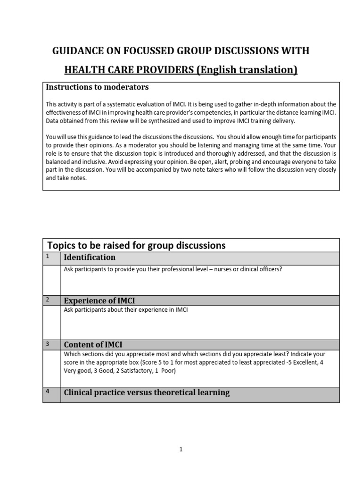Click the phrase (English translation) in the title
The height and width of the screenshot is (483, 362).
(247, 70)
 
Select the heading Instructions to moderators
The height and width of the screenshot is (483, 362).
(97, 87)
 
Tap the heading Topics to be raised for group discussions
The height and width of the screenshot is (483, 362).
(136, 245)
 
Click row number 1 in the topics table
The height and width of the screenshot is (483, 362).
(48, 256)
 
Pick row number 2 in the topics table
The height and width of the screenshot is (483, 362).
(48, 300)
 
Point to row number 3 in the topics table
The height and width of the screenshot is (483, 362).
(48, 343)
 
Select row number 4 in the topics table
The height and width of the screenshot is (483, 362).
(48, 391)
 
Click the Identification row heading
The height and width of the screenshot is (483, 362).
(90, 258)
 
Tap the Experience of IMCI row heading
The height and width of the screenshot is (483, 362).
(99, 301)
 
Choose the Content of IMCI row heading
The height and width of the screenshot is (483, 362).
(93, 344)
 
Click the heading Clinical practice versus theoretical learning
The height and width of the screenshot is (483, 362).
(147, 392)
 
